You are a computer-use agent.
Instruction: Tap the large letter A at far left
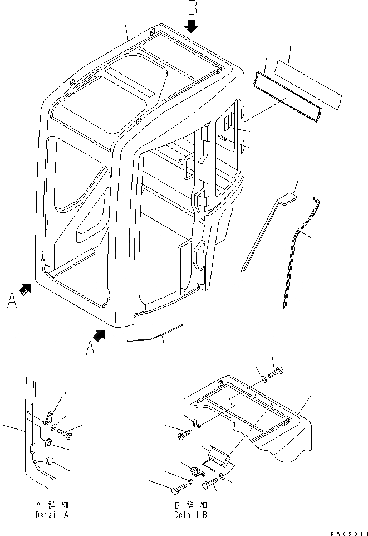[12, 301]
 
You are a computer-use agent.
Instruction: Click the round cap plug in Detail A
[50, 461]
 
